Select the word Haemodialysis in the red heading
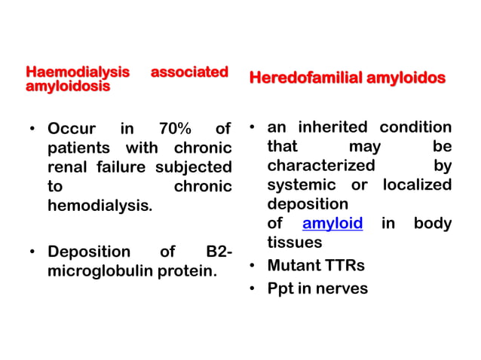78,73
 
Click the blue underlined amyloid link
332,224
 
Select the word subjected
193,166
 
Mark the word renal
68,166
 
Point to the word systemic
300,185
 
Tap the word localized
417,185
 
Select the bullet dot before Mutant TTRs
254,266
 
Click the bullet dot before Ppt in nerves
254,289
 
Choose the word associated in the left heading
189,73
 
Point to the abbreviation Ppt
281,288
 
